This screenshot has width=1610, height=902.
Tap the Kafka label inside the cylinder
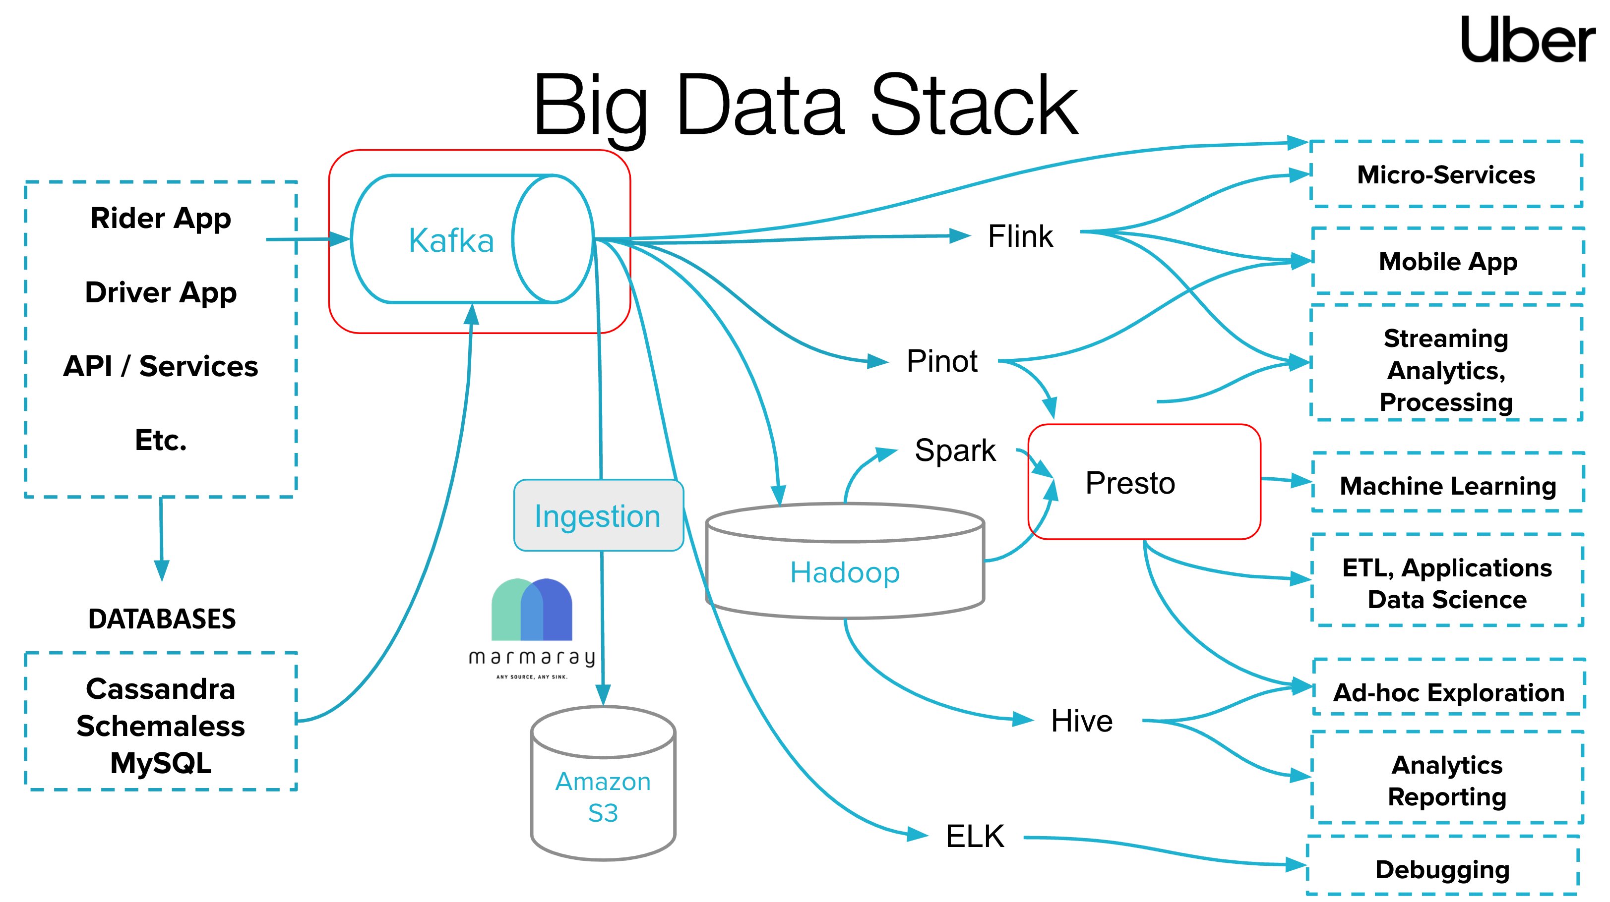(x=451, y=240)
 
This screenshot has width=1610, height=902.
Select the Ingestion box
(x=598, y=516)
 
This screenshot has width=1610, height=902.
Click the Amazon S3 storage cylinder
(x=603, y=787)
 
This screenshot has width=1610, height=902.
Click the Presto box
(x=1143, y=482)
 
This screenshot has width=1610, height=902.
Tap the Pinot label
(x=941, y=361)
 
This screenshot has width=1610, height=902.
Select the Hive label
(x=1081, y=721)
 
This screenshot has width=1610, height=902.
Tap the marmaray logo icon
(x=532, y=610)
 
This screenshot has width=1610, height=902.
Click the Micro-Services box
(x=1446, y=174)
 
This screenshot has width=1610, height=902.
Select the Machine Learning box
(x=1447, y=485)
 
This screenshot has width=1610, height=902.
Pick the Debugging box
(x=1442, y=869)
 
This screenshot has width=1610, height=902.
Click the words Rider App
(x=161, y=218)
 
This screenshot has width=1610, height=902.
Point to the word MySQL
(x=161, y=763)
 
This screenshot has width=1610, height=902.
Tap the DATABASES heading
(x=162, y=619)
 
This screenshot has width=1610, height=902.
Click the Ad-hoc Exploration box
(x=1448, y=692)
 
